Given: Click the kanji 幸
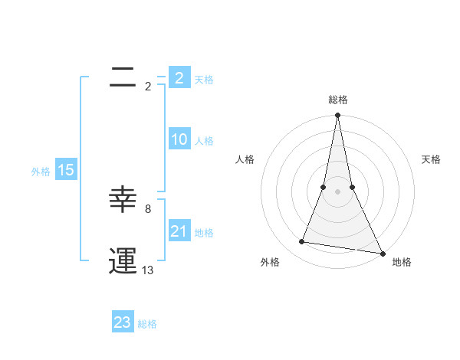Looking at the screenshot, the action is pos(123,201).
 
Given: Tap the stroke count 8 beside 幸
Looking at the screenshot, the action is pos(148,208).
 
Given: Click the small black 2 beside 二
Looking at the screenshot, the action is pos(148,87).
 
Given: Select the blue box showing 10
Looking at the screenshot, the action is pos(179,139).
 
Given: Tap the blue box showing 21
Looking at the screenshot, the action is pos(179,231).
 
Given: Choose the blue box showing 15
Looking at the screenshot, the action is pos(66,170).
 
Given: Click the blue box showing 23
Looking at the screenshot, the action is pos(123,322).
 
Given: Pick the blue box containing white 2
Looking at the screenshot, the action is pos(179,77).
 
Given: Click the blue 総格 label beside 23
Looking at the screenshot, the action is pos(147,324).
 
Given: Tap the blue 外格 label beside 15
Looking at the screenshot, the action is pos(41,172).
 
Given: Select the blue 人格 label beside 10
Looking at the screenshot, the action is pos(204,141).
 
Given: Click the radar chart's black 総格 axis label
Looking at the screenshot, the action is pos(338,100).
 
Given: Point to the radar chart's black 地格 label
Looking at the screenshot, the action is pos(402,262).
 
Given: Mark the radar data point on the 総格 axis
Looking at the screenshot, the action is pos(337,116).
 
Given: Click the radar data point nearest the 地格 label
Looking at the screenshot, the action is pos(382,254).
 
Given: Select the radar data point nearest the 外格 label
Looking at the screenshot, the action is pos(302,242).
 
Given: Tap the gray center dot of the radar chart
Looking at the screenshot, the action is pos(337,191).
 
